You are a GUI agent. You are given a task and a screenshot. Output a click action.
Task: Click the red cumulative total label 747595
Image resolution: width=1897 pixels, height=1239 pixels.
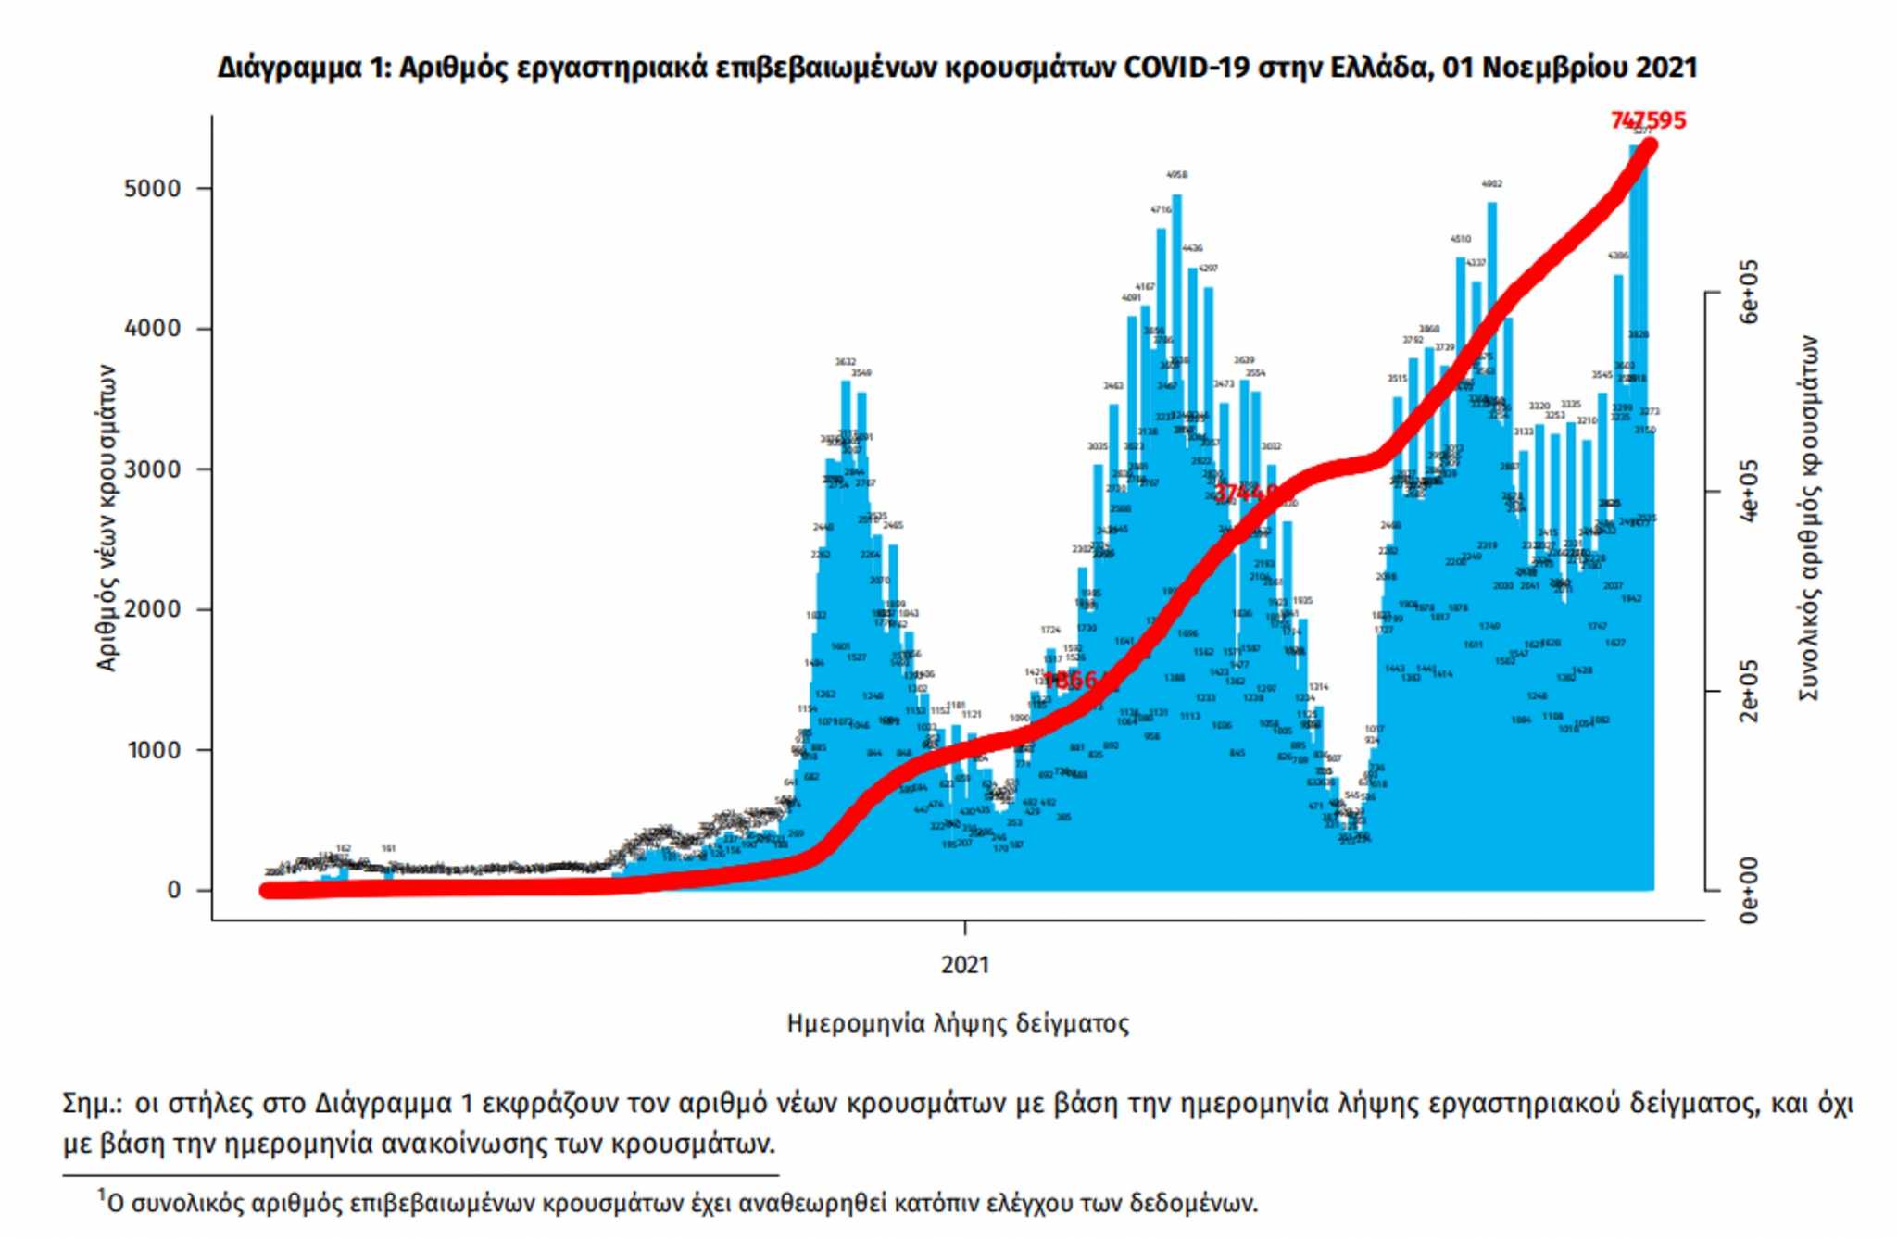(x=1648, y=120)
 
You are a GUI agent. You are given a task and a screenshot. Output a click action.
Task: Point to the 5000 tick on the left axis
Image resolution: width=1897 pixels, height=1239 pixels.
(x=152, y=189)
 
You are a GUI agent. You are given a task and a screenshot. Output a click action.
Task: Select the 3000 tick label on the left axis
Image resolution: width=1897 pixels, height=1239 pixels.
(x=152, y=469)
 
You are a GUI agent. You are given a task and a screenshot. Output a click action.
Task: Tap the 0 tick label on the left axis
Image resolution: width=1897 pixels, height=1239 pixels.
(x=174, y=890)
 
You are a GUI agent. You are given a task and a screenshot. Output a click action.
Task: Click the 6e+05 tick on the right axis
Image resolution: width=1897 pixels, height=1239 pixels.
(x=1748, y=292)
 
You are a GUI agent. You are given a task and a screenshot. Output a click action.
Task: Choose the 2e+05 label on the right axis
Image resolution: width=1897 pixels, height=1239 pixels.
(x=1748, y=691)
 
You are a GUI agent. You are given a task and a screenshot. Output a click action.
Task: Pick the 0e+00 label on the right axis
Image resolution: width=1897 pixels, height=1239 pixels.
(x=1748, y=890)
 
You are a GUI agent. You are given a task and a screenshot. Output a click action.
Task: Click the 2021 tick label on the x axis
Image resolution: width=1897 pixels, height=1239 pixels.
(x=965, y=965)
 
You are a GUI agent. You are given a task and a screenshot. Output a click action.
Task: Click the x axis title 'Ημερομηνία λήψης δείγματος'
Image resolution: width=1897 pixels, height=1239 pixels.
(x=958, y=1023)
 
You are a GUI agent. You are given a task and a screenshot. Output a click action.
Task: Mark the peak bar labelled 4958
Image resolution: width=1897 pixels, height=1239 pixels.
(x=1176, y=370)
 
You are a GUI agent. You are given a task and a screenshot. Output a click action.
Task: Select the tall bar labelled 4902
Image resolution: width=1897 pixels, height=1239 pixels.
(x=1491, y=370)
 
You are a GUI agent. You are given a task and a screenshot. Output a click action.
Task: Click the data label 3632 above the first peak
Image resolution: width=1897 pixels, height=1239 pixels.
(x=845, y=362)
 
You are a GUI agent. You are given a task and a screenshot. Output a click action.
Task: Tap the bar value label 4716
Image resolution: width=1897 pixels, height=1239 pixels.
(x=1161, y=210)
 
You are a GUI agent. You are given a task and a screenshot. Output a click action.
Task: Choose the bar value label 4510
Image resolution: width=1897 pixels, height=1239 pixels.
(x=1460, y=239)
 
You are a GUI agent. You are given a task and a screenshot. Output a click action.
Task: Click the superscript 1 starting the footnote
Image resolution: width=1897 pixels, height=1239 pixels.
(x=102, y=1195)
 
